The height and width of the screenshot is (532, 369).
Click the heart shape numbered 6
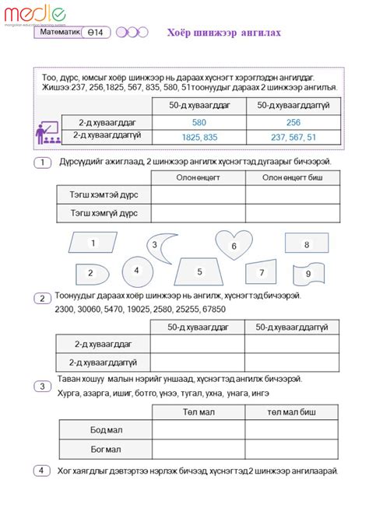click(233, 244)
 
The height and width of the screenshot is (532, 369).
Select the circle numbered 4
click(136, 271)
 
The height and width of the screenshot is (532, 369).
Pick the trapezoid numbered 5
click(199, 271)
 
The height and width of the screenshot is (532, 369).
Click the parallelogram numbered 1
click(93, 243)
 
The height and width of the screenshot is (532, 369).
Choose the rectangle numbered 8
click(306, 244)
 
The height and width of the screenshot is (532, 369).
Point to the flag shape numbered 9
click(308, 273)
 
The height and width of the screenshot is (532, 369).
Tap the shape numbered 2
click(91, 274)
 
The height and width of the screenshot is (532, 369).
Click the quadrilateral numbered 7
click(262, 272)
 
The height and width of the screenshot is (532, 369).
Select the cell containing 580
click(199, 122)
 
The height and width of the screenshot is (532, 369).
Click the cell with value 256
click(293, 122)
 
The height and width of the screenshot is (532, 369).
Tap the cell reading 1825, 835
click(199, 136)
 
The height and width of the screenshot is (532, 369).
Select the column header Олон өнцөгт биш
click(293, 177)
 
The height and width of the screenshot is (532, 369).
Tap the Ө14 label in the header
click(99, 32)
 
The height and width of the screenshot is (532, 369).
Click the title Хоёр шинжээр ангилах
click(224, 33)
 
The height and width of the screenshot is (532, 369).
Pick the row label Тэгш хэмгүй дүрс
click(104, 212)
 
